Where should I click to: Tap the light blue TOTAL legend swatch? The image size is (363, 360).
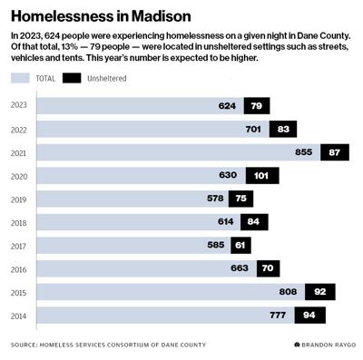click(20, 79)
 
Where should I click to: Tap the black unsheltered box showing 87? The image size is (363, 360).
click(334, 152)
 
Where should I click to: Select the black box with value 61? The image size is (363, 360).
click(240, 245)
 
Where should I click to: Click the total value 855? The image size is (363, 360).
click(303, 152)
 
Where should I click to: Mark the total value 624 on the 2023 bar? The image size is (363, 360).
click(227, 106)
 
